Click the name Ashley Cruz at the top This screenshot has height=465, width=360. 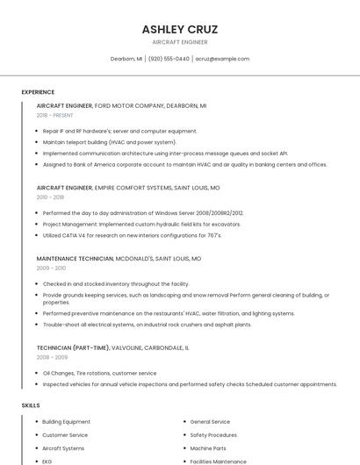(179, 29)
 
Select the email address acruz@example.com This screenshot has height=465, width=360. (222, 59)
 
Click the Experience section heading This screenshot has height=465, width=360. (38, 92)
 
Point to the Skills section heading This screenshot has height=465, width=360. (31, 405)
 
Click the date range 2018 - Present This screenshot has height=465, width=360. (55, 115)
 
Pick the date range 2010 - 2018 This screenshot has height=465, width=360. (50, 197)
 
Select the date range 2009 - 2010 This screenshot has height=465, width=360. (51, 268)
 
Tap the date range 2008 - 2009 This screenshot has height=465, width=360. (51, 357)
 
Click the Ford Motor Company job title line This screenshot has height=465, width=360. (121, 105)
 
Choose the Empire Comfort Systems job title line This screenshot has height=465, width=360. (128, 188)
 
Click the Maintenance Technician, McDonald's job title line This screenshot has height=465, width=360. (119, 259)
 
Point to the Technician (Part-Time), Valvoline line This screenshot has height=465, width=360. (112, 347)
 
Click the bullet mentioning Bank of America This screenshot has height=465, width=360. (184, 164)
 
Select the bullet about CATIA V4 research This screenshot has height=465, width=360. (132, 235)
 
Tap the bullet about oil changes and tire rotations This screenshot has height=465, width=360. (99, 373)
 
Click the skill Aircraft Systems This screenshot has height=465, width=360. (63, 448)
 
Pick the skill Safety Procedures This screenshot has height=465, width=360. (213, 435)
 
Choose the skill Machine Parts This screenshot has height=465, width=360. (208, 448)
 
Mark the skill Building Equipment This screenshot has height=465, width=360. (66, 422)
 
